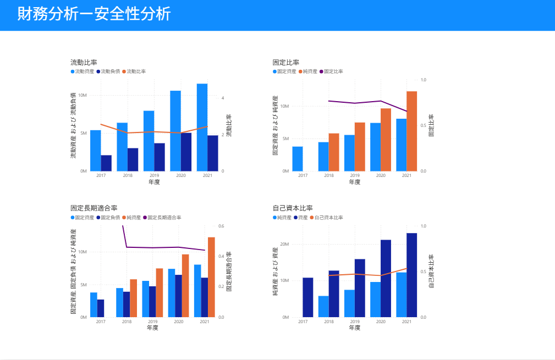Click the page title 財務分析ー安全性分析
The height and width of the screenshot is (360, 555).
(x=94, y=14)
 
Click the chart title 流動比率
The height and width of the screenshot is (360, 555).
(x=84, y=62)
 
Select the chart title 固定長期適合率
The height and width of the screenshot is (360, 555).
(x=94, y=208)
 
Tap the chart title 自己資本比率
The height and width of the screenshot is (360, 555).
(x=292, y=208)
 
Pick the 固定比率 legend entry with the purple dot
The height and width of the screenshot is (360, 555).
(x=331, y=71)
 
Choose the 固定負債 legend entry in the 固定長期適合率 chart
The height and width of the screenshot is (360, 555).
(x=108, y=218)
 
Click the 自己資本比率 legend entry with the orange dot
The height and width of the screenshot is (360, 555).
(x=326, y=218)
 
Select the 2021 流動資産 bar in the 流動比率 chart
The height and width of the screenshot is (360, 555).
(x=202, y=127)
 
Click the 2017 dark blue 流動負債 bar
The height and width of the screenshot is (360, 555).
(x=106, y=163)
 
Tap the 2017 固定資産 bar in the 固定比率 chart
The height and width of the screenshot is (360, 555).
(x=297, y=158)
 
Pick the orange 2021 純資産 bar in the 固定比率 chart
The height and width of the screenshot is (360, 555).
(x=412, y=131)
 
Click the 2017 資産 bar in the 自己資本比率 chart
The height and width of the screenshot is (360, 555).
(x=308, y=297)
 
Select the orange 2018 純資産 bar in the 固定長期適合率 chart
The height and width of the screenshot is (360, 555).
(x=134, y=298)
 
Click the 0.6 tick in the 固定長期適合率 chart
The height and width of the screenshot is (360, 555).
(x=221, y=226)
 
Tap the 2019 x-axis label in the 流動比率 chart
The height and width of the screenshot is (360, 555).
(x=154, y=176)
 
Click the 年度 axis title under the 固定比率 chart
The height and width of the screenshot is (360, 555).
(x=355, y=182)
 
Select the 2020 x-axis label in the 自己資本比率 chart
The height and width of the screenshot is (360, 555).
(x=381, y=322)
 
